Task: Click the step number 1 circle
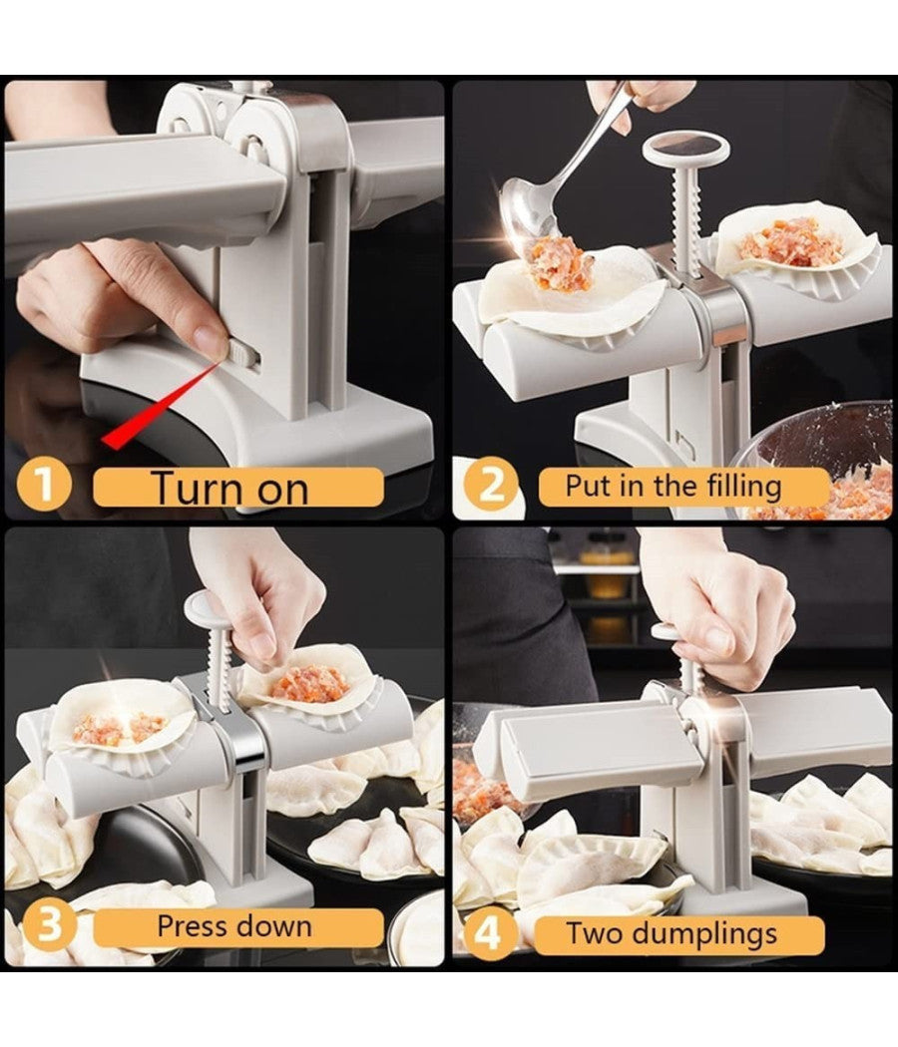tap(43, 487)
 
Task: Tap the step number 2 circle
tap(491, 487)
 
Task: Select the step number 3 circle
tap(43, 926)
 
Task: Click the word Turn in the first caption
tap(198, 488)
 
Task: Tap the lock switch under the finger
tap(241, 352)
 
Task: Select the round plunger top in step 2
tap(685, 148)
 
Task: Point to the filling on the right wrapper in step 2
tap(791, 241)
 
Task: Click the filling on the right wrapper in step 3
tap(310, 684)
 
